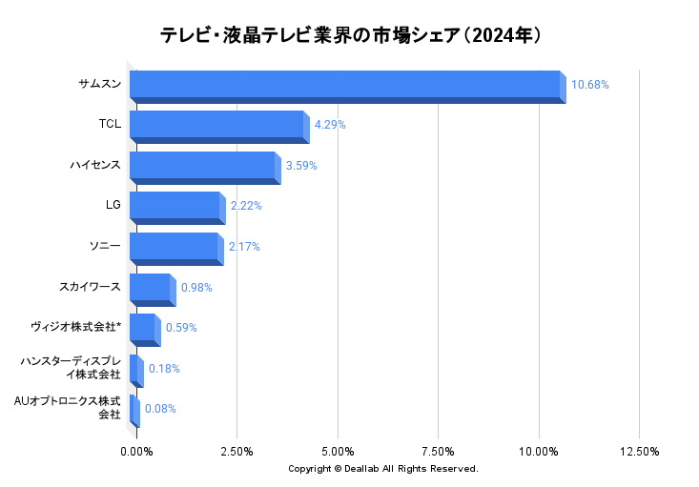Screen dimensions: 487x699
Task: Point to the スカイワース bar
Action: click(151, 289)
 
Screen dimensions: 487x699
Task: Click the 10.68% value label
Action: click(589, 85)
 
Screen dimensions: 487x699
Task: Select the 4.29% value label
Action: click(330, 125)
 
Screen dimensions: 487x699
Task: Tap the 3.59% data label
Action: click(301, 166)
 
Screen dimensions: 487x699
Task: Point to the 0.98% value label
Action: click(195, 287)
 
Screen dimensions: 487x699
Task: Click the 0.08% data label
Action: click(160, 409)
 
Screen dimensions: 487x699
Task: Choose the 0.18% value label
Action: click(164, 369)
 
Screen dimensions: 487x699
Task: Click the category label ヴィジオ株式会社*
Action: click(75, 328)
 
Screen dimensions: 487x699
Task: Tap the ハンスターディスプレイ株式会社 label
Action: click(71, 368)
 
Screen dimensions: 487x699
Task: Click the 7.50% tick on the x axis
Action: click(438, 451)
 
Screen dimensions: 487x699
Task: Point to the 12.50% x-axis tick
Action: click(639, 451)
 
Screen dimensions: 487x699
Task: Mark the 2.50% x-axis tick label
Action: click(236, 451)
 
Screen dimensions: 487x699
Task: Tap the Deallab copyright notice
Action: click(383, 469)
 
